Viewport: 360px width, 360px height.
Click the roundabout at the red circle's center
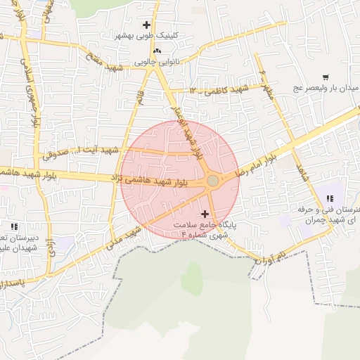[212, 181]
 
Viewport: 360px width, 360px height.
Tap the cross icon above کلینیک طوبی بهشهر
[146, 25]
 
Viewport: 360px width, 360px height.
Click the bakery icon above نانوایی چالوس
[156, 51]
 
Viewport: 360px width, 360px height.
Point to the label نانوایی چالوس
[157, 62]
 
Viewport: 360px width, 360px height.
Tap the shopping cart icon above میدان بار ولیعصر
[326, 78]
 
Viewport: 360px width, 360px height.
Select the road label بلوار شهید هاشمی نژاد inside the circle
[156, 181]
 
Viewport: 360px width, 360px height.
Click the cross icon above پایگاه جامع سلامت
[205, 213]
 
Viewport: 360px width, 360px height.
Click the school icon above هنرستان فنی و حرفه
[329, 198]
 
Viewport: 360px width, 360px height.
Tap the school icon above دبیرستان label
[14, 226]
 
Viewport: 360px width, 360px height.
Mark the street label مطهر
[267, 84]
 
